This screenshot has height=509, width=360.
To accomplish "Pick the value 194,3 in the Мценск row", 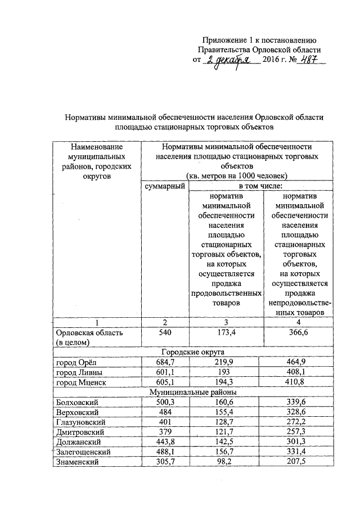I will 228,383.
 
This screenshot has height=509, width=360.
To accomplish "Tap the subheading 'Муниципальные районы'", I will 200,393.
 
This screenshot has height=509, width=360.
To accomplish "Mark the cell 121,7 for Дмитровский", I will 228,433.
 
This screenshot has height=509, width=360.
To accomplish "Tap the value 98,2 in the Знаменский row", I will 228,462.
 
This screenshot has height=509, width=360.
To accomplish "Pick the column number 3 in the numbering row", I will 228,322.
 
